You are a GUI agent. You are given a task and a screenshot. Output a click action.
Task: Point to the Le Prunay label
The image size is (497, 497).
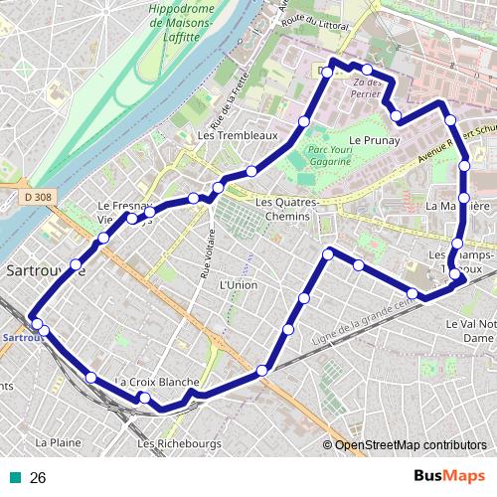[x=376, y=141]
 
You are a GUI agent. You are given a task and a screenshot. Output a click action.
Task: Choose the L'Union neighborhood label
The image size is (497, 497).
[x=237, y=284]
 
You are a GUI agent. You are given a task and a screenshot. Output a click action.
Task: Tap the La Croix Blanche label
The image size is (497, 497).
[x=159, y=383]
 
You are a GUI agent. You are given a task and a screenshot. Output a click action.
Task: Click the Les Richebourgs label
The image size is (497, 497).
[x=173, y=443]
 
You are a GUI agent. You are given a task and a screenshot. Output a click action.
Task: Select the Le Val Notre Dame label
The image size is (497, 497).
[x=471, y=331]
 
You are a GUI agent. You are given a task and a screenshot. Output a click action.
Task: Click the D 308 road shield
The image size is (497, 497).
[x=37, y=198]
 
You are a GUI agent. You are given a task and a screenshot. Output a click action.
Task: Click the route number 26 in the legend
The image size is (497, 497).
[x=38, y=477]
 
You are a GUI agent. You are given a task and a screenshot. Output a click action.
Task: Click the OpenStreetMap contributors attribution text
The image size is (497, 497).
[x=411, y=445]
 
